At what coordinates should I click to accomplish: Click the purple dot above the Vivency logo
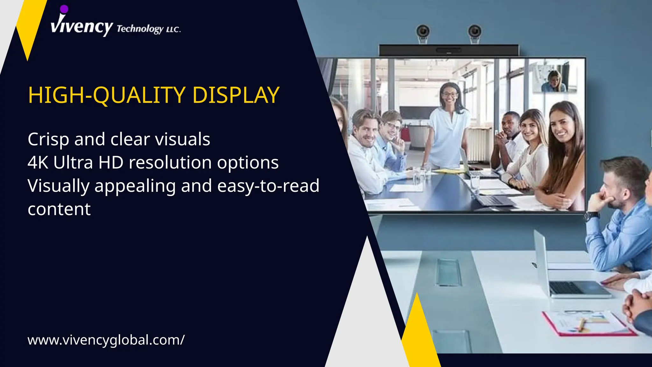pos(64,9)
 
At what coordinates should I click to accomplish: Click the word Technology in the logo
pos(140,29)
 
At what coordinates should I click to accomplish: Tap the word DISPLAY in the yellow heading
pos(236,95)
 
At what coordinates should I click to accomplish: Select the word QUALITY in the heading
pos(139,95)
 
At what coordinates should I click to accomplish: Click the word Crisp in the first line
pos(48,140)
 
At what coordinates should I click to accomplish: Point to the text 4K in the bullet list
pos(38,162)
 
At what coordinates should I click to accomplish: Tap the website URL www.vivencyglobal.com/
pos(106,340)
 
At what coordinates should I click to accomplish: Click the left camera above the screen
pos(423,32)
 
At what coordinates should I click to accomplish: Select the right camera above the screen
pos(474,32)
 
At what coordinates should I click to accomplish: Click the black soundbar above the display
pos(449,50)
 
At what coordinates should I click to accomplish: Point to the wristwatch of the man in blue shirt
pos(592,216)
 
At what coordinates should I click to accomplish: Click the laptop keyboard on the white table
pos(566,288)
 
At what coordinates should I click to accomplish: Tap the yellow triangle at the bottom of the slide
pos(419,338)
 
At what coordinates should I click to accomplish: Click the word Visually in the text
pos(59,186)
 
